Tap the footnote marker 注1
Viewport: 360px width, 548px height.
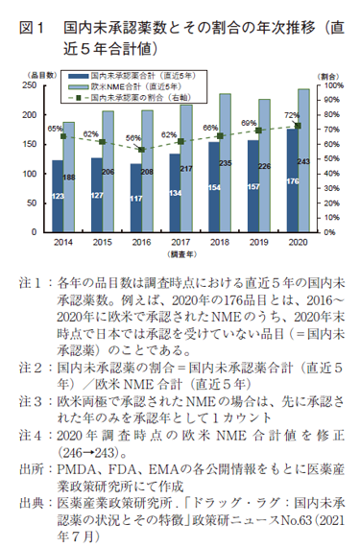point(29,284)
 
